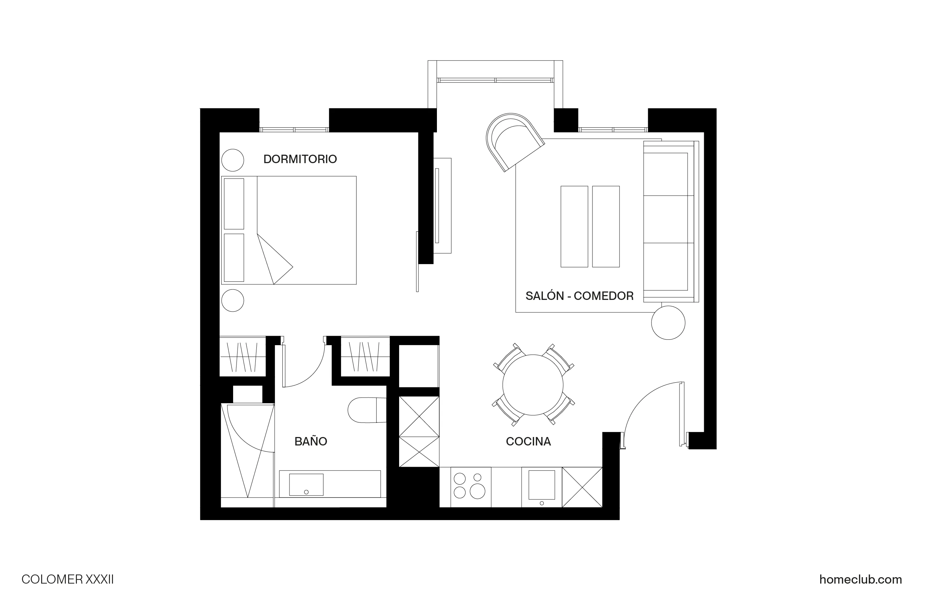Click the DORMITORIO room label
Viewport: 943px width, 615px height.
click(300, 159)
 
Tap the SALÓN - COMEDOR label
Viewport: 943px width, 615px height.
click(579, 296)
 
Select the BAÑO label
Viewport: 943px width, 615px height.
click(311, 441)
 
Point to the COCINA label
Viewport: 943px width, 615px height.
click(528, 441)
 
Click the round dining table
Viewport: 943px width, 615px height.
click(532, 385)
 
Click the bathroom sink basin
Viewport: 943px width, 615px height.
click(306, 484)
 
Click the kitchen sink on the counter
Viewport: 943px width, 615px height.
click(541, 485)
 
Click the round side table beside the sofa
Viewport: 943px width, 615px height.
click(668, 323)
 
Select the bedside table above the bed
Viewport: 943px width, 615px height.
click(232, 160)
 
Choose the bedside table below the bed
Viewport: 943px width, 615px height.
click(232, 301)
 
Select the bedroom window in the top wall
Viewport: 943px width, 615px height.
click(294, 130)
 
